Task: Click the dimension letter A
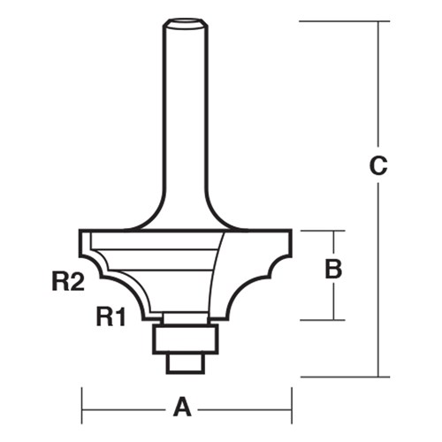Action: tap(182, 408)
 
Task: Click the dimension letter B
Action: tap(333, 270)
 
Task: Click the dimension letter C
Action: tap(378, 165)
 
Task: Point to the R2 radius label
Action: tap(67, 282)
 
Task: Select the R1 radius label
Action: tap(110, 316)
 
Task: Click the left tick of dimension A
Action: tap(83, 408)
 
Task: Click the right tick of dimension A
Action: tap(292, 408)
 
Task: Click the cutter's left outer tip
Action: tap(82, 239)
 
